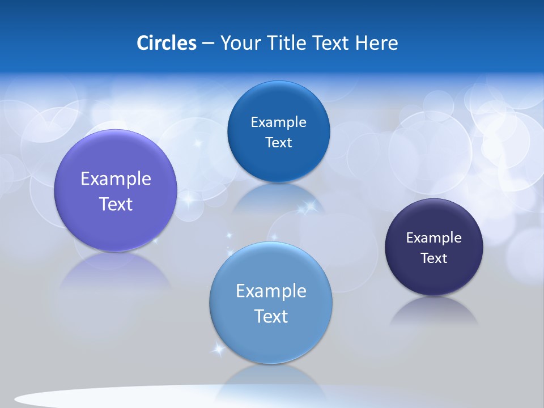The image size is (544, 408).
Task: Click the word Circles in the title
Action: click(167, 42)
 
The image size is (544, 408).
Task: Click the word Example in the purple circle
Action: click(116, 178)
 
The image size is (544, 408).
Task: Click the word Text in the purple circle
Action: click(116, 204)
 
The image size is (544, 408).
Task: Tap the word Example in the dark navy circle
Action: click(434, 237)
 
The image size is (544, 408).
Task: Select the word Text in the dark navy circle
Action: click(434, 258)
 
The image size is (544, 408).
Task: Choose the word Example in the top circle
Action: click(278, 122)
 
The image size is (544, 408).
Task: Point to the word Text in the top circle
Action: click(278, 142)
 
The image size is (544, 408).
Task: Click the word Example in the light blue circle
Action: click(271, 291)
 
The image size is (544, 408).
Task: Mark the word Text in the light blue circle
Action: click(271, 316)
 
